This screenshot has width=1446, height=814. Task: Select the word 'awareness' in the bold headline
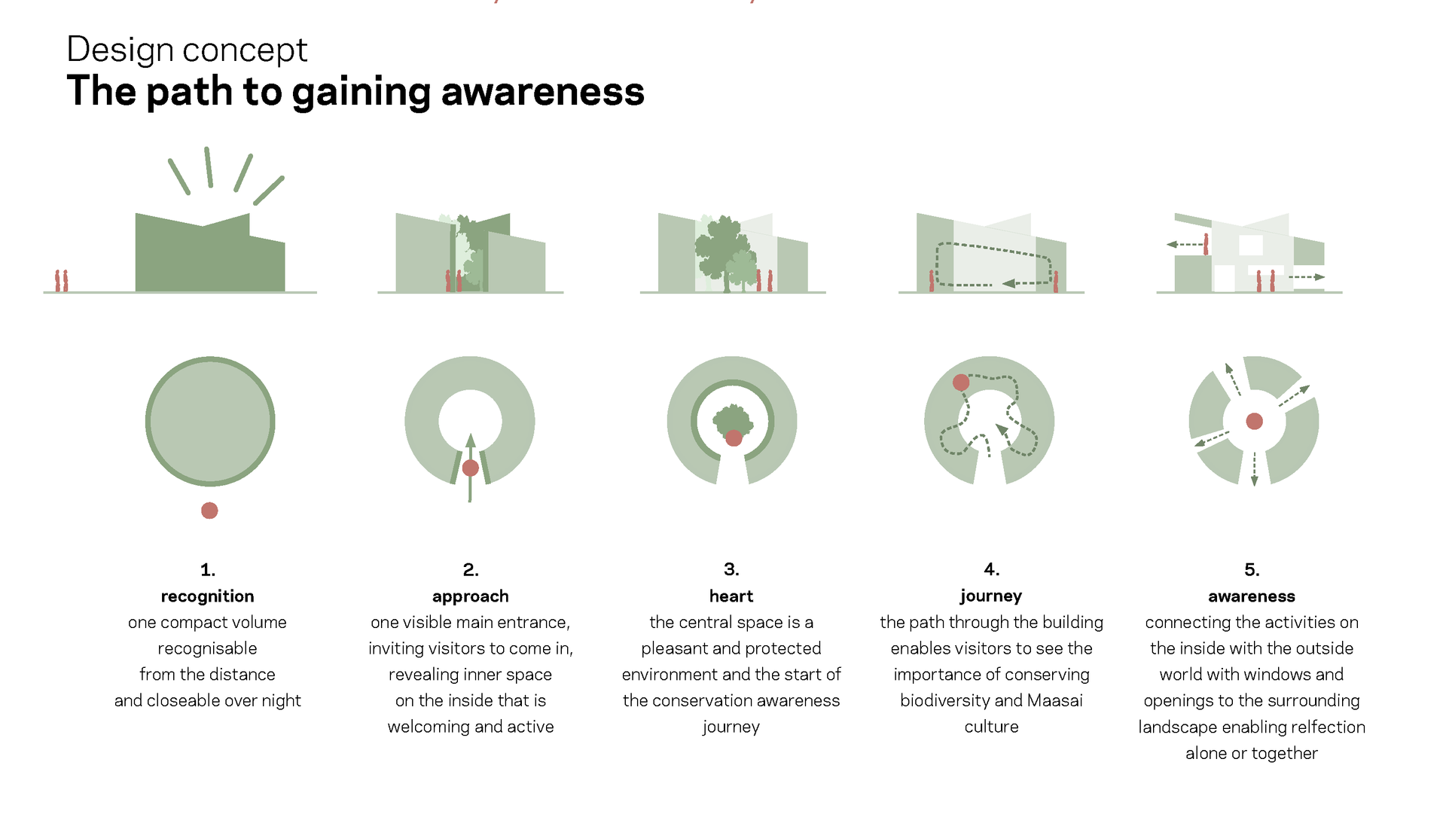pos(542,91)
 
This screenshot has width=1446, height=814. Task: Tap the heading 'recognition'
pos(207,596)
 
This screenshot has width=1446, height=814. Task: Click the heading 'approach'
pos(471,597)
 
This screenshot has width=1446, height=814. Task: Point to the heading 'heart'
pos(731,596)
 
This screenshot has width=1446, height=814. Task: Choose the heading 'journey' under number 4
pos(991,596)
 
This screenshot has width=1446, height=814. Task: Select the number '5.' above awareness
pos(1252,569)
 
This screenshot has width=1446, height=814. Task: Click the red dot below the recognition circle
pos(209,511)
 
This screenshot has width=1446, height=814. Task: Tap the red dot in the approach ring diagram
pos(471,468)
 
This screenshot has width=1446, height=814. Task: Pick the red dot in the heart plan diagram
pos(734,437)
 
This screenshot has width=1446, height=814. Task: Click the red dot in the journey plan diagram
pos(961,383)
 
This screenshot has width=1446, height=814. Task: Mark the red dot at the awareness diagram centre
pos(1254,421)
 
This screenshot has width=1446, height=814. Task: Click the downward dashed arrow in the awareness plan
pos(1254,468)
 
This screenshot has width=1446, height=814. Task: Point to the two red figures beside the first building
pos(61,281)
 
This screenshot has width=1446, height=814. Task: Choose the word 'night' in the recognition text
pos(281,701)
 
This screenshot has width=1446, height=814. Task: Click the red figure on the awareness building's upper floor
pos(1206,244)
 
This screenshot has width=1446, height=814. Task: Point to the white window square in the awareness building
pos(1251,245)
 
